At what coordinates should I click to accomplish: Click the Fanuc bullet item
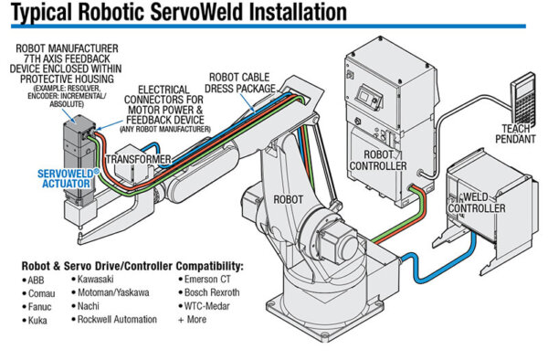38,310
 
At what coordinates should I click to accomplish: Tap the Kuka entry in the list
37,324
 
